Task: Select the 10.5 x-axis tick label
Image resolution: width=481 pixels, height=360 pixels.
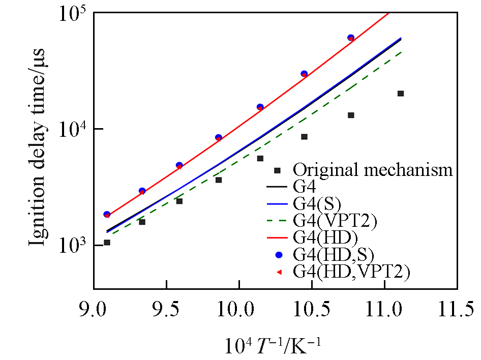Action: (312, 309)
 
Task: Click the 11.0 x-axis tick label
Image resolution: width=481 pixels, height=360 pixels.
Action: (384, 309)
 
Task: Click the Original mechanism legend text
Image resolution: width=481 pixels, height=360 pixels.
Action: (372, 169)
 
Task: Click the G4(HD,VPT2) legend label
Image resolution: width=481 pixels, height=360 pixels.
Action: (351, 273)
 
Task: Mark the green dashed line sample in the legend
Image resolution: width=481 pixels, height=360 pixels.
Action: (277, 222)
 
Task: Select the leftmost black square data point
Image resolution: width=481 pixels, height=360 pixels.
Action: (107, 243)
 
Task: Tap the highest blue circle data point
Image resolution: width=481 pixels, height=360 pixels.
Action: (351, 38)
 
